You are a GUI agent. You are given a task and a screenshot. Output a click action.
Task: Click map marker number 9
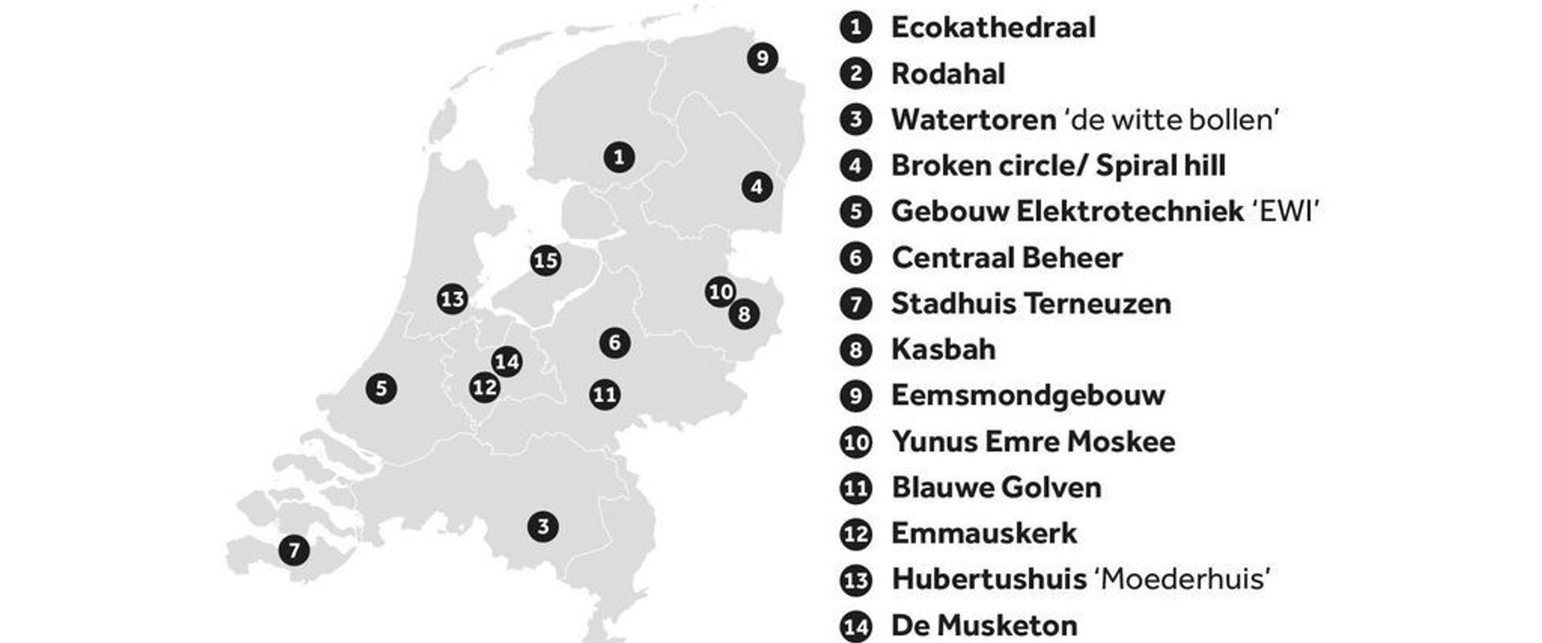click(762, 58)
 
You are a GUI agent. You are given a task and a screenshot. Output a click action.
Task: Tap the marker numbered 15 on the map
click(545, 260)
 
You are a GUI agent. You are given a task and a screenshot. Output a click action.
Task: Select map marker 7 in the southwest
click(294, 551)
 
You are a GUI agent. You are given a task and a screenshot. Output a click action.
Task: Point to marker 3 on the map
click(543, 526)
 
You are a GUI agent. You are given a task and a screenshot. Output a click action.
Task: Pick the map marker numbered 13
click(452, 299)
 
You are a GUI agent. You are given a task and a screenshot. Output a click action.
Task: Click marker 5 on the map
click(381, 389)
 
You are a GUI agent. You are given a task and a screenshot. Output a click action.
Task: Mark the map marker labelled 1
click(618, 157)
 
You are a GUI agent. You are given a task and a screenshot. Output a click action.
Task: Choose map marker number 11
click(605, 395)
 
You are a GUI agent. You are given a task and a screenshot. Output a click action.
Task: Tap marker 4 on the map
click(757, 187)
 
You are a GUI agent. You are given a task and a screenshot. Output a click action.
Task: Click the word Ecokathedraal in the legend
click(993, 27)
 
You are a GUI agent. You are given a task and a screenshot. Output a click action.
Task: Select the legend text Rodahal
click(948, 74)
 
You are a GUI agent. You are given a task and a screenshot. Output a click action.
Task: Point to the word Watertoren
click(973, 120)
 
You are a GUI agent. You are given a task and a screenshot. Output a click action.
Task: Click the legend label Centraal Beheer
click(1006, 258)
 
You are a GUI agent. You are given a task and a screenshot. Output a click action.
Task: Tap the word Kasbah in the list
click(943, 350)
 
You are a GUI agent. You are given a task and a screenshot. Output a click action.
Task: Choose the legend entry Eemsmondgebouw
click(1027, 395)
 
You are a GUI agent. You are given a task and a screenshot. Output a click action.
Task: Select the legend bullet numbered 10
click(855, 442)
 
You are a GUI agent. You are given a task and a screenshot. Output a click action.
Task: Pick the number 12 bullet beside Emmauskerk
click(855, 534)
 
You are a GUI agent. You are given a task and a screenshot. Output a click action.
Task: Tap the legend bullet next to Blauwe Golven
click(855, 488)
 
